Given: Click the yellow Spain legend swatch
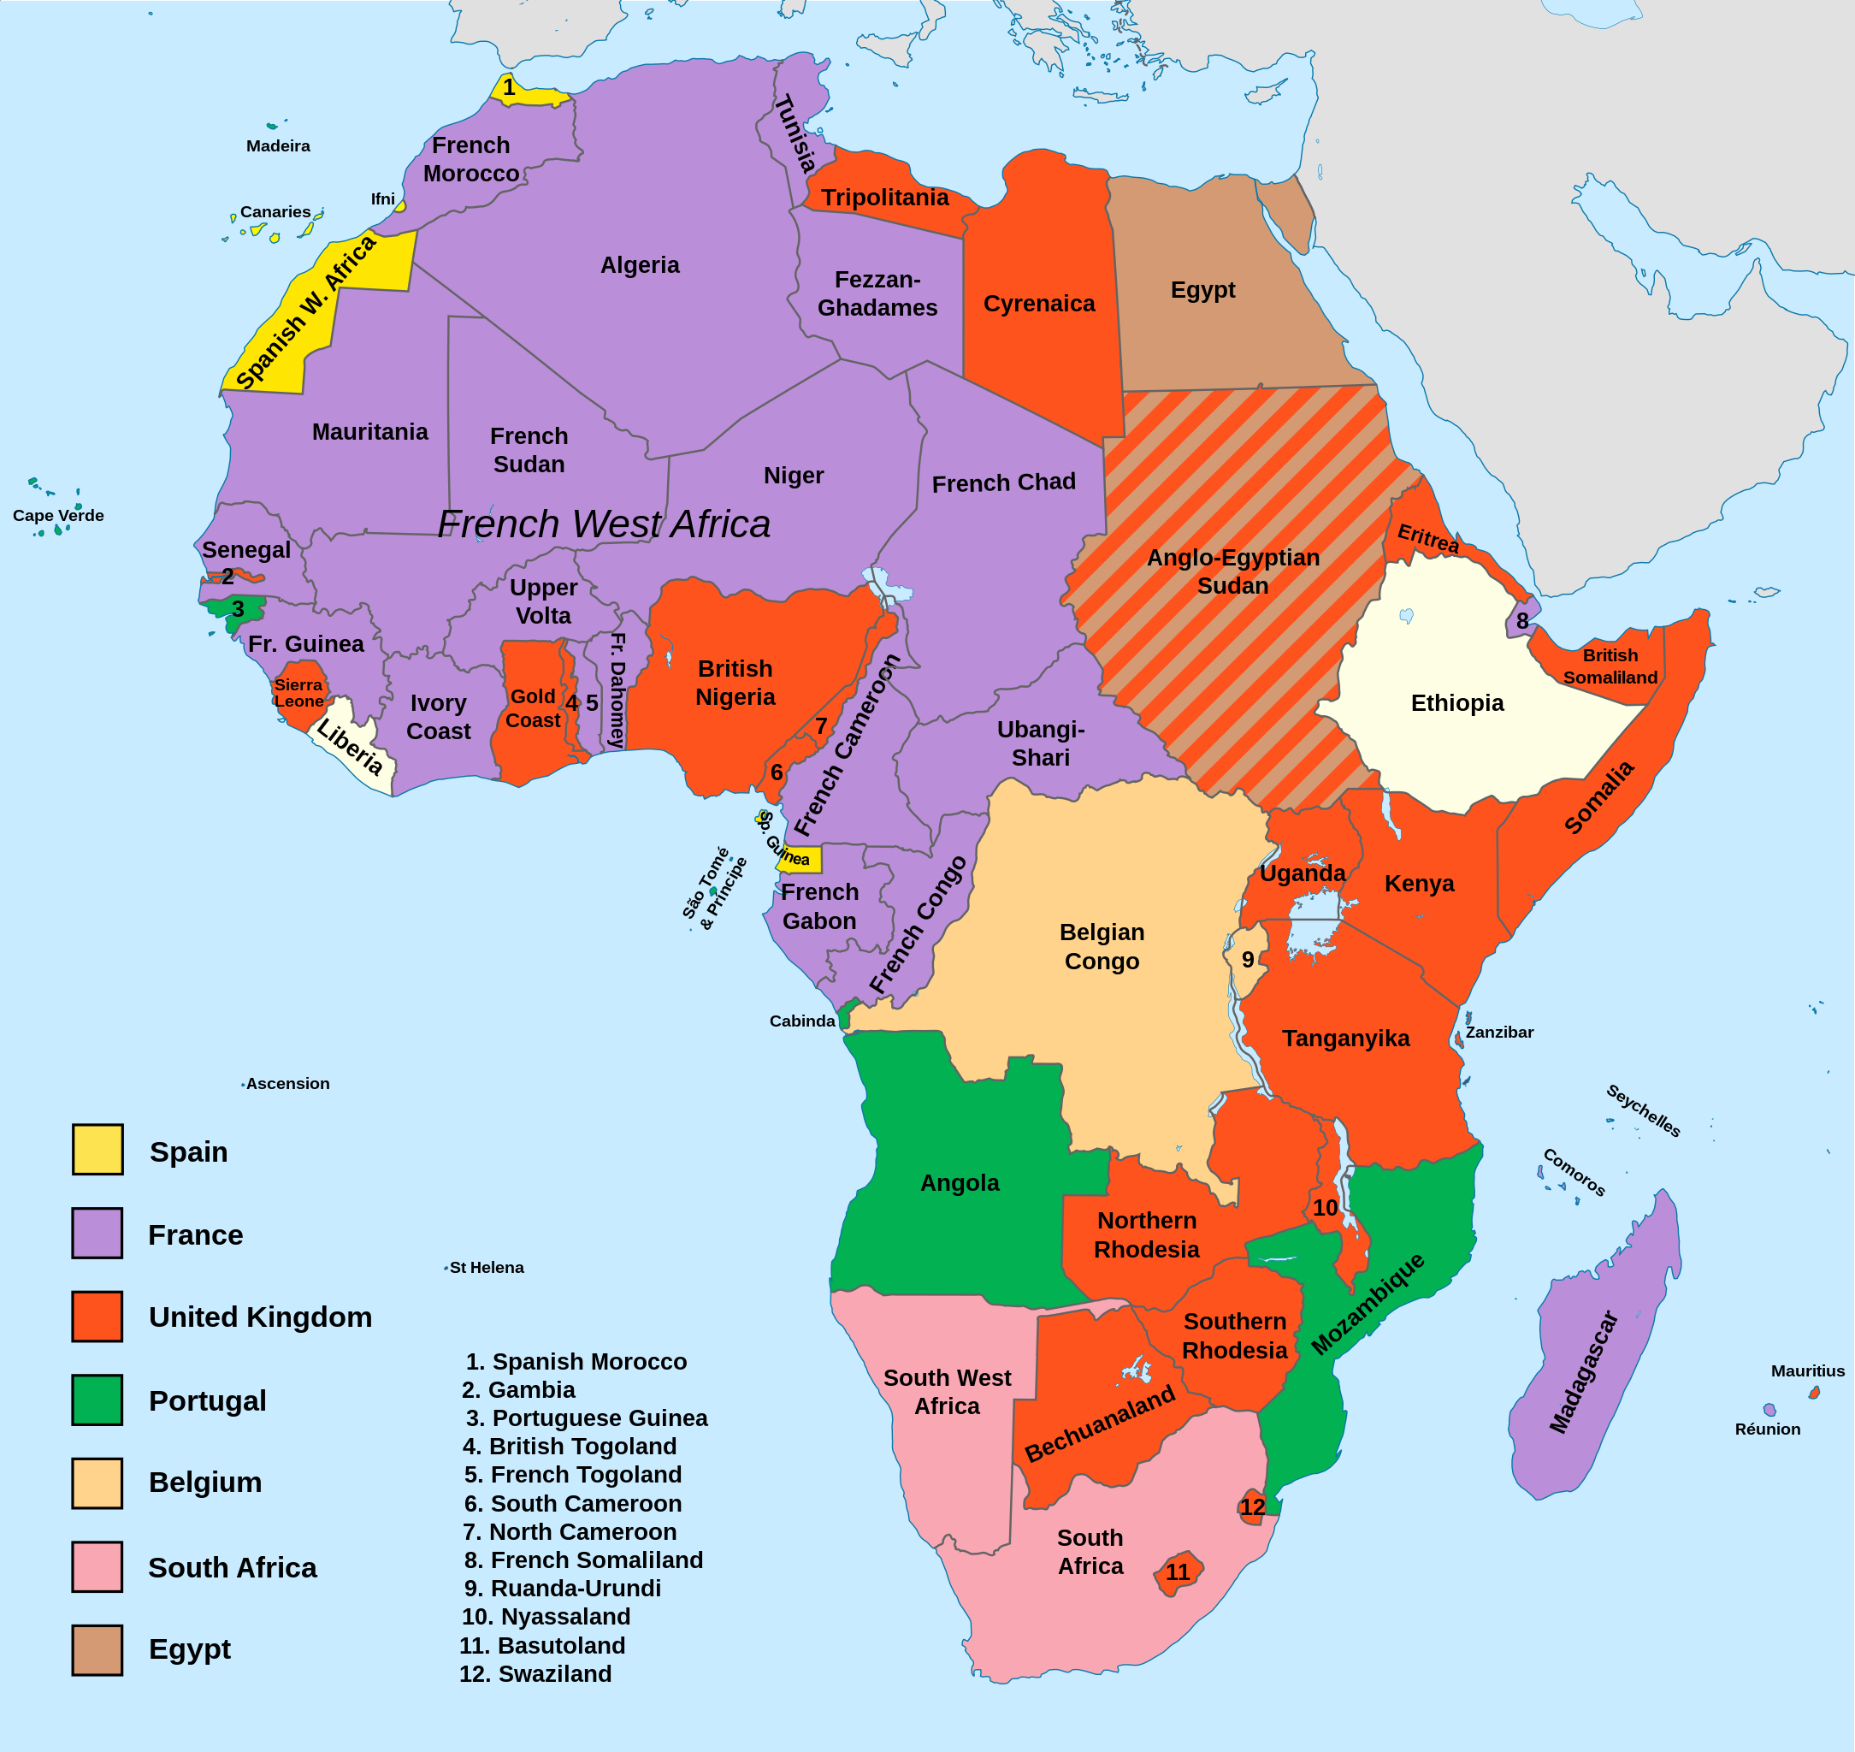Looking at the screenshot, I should point(97,1150).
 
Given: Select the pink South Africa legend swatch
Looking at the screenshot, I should point(97,1567).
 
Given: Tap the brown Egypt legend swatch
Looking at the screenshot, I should point(97,1650).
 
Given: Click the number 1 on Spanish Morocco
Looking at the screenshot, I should point(509,88).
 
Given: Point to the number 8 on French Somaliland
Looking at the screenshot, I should point(1522,621).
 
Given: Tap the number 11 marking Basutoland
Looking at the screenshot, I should point(1179,1572).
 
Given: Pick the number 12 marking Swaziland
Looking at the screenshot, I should point(1252,1507).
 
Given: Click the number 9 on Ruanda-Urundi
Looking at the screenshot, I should point(1248,960).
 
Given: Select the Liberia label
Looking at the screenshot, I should point(349,747).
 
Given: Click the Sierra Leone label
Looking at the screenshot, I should point(298,693).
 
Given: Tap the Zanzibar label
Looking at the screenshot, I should point(1499,1032).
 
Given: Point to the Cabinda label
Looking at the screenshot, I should point(802,1021).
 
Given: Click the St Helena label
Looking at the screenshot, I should point(487,1267).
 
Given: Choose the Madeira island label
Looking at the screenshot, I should point(278,145).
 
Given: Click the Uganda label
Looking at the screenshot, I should point(1303,873).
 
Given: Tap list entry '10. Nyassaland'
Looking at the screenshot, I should point(546,1617).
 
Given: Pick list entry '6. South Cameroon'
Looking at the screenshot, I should point(572,1504).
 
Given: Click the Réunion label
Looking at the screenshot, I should point(1767,1429).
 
